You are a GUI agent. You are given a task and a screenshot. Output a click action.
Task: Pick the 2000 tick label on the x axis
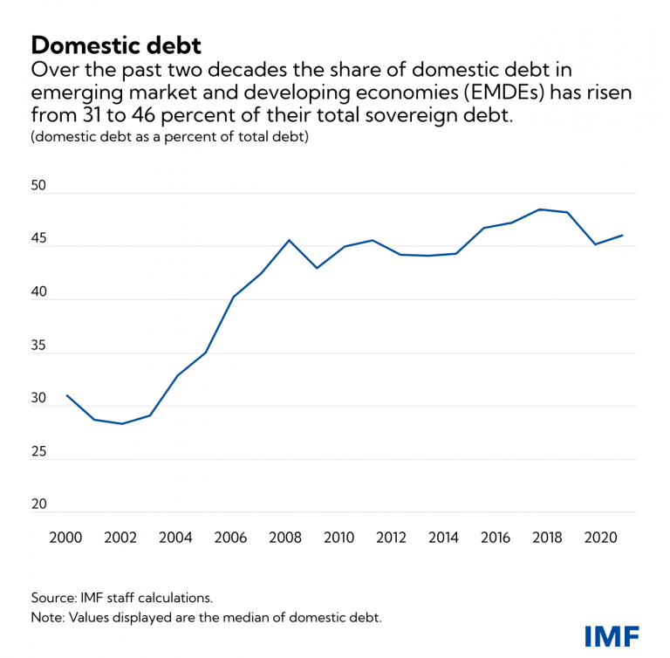66,538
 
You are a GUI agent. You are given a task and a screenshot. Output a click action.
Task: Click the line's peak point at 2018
539,209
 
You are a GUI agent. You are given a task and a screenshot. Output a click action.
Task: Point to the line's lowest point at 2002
121,424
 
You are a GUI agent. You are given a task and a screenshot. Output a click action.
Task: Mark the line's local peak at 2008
289,240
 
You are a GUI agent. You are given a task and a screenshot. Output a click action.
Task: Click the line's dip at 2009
317,268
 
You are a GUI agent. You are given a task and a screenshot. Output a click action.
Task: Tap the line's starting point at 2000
66,395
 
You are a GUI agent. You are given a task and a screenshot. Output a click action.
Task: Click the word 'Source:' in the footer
54,598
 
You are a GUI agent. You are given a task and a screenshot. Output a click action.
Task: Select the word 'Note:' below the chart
47,618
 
